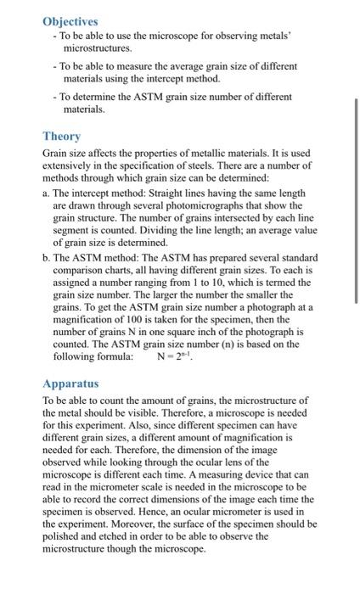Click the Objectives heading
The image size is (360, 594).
(x=70, y=21)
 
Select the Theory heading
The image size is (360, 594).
(x=62, y=136)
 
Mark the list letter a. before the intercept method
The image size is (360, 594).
(x=46, y=193)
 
